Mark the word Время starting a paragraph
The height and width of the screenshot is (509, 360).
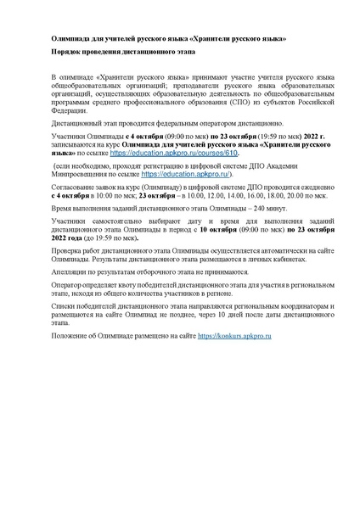click(x=65, y=208)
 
